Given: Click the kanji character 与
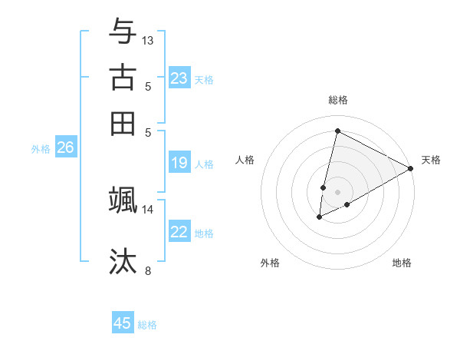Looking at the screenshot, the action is (123, 31).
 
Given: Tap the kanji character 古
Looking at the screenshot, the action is (123, 78).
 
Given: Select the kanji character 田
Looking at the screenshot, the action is (123, 124).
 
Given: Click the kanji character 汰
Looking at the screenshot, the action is (123, 261).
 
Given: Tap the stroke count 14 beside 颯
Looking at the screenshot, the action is (148, 209).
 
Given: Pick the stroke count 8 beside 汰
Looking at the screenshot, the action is (148, 270).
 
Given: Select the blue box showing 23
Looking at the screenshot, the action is (179, 78).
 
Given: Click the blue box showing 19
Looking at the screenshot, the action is (179, 163).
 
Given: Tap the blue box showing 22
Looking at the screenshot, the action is (179, 232).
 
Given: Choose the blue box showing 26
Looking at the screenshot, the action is (65, 148).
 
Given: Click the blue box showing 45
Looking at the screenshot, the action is (123, 323).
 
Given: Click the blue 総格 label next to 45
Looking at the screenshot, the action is (147, 325).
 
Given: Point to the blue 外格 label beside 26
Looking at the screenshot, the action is (40, 150).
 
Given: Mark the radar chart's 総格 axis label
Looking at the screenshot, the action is (337, 100).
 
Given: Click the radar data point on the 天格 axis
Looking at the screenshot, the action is (411, 168).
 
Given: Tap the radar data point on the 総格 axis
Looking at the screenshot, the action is (337, 131).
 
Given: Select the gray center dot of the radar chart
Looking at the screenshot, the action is (337, 191).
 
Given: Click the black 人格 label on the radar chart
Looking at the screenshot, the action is (245, 160).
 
